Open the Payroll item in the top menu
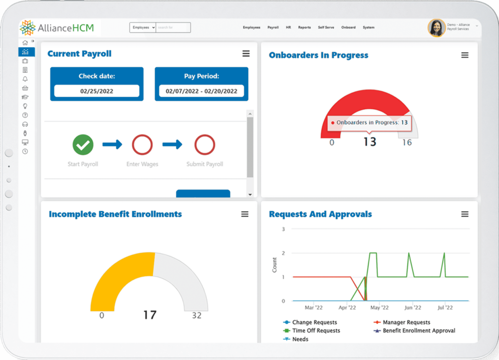273,28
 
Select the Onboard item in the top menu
348,28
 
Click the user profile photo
436,28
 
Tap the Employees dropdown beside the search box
143,28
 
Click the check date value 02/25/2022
96,91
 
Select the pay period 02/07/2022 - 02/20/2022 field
201,91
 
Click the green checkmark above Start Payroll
83,145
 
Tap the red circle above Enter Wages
142,145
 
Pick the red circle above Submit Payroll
205,145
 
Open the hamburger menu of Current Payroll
246,54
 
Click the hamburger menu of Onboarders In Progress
465,56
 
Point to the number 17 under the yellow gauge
150,315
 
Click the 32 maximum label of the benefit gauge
196,316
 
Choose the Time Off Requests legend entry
316,331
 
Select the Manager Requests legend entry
406,322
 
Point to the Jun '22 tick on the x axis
413,308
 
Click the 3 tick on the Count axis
284,229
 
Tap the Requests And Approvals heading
320,214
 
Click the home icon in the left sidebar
25,43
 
